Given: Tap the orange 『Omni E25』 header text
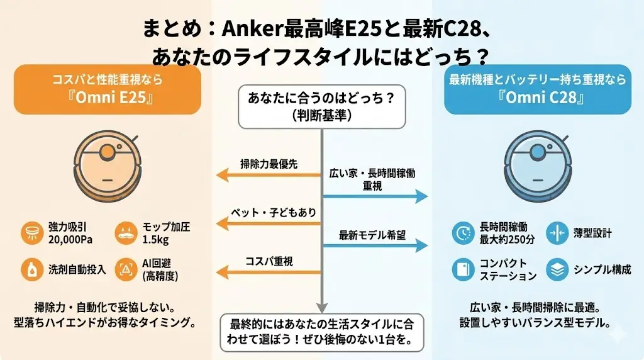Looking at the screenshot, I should coord(106,99).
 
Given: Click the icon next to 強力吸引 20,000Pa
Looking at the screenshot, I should coord(31,233).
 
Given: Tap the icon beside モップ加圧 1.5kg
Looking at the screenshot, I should coord(126,233).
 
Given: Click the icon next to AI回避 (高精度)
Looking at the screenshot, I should coord(126,269).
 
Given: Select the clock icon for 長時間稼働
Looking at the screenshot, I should coord(464,233).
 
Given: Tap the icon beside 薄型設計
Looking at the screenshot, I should coord(557,233).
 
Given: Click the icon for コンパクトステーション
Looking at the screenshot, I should coord(464,269).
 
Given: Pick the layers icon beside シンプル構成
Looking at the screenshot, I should coord(557,269).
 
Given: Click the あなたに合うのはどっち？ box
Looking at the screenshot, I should coord(321,106).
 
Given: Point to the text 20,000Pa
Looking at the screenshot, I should coord(69,240).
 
